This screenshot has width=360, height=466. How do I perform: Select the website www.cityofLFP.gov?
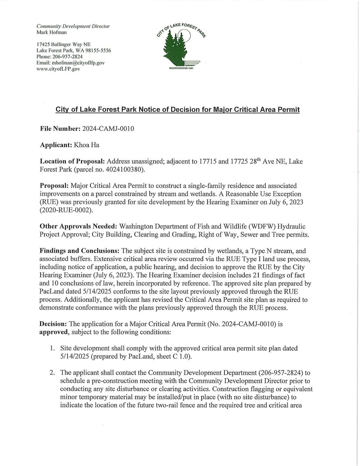tap(58, 69)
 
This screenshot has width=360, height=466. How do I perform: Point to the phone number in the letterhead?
tap(69, 57)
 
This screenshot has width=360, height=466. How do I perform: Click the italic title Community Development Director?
tap(73, 26)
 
